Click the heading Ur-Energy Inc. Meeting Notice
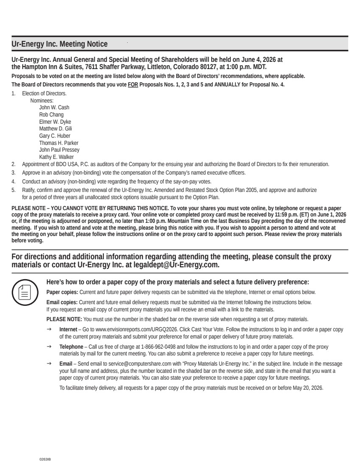(59, 44)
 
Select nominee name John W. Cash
(54, 108)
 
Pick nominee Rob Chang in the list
(51, 115)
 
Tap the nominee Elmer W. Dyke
(55, 122)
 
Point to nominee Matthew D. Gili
(56, 129)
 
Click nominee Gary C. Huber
(55, 136)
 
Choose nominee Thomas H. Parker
(59, 143)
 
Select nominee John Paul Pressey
(59, 150)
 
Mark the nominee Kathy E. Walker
(56, 157)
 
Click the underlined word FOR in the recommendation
(134, 85)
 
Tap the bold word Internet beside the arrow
(68, 329)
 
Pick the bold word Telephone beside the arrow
(71, 347)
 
